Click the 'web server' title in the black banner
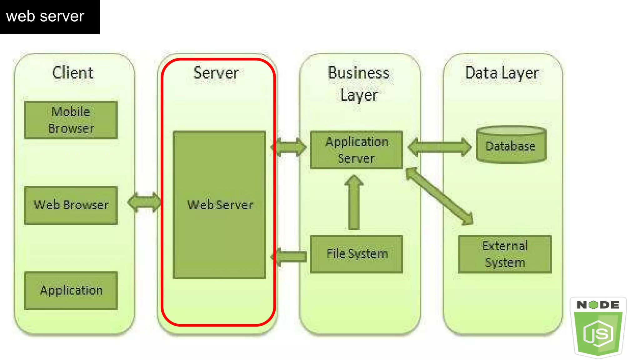pos(45,16)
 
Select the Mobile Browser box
pos(71,120)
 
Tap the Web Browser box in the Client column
pos(71,205)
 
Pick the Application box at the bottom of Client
pos(71,290)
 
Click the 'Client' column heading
pos(72,73)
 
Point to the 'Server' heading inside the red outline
pos(216,73)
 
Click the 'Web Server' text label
pos(220,205)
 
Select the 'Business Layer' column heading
pos(359,84)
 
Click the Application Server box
pos(357,150)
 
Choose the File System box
pos(357,254)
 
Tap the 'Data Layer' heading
pos(502,73)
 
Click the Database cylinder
pos(511,145)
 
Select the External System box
pos(505,254)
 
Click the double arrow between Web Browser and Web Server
pos(144,202)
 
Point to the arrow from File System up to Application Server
pos(354,203)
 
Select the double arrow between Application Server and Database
pos(439,147)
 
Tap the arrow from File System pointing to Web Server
pos(289,257)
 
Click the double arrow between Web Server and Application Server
pos(289,147)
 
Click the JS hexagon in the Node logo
pos(598,333)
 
